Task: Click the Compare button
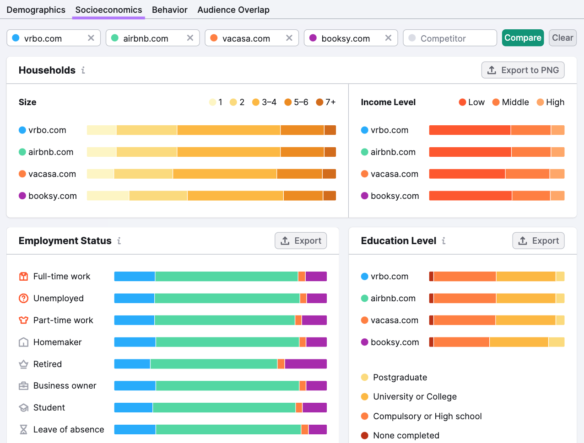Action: point(523,38)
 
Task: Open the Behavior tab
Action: point(169,10)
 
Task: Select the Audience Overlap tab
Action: point(233,10)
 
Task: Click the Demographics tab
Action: point(36,10)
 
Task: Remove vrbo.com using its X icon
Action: point(91,38)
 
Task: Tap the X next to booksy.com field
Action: point(388,38)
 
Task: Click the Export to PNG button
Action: point(523,70)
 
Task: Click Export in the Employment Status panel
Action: point(301,240)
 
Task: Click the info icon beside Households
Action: point(83,70)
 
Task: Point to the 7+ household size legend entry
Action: point(326,102)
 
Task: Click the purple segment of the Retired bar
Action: point(306,364)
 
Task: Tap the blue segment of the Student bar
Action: point(133,407)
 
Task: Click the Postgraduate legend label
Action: point(400,377)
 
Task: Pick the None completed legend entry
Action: point(406,435)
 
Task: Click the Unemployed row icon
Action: point(23,299)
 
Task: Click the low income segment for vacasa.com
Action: point(467,174)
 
